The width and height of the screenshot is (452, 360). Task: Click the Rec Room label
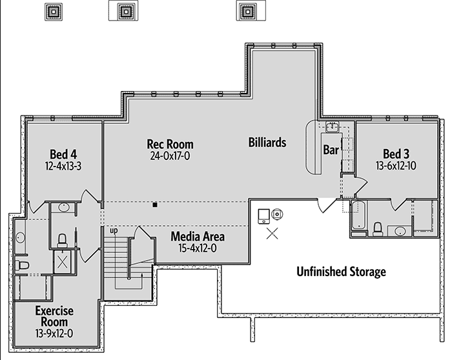point(170,144)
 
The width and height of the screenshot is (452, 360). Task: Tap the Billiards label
point(267,143)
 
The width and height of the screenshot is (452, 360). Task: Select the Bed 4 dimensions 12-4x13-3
point(63,166)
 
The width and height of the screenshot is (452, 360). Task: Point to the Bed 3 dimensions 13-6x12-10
point(396,166)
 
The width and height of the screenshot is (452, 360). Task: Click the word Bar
point(331,150)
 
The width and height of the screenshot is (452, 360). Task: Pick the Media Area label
point(198,236)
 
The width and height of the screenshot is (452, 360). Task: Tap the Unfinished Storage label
point(341,272)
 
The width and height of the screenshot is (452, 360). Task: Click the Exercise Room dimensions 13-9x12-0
point(54,334)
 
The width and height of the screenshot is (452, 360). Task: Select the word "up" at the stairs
point(114,231)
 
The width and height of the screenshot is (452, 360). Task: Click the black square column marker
point(155,205)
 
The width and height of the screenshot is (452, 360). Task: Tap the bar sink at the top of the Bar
point(333,126)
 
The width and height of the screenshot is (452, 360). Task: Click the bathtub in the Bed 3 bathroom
point(358,215)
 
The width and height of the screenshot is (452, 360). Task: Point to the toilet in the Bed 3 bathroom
point(378,229)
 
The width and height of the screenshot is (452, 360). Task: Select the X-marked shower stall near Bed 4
point(63,262)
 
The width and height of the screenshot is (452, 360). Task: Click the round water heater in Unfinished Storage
point(277,214)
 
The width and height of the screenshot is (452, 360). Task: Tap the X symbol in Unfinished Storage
point(272,234)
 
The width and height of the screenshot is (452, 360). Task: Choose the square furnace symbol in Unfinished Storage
point(263,216)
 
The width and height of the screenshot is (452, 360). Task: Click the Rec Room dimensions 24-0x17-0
point(170,156)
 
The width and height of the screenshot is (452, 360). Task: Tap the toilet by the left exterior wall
point(22,265)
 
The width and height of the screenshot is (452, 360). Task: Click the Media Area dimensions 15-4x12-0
point(198,248)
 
